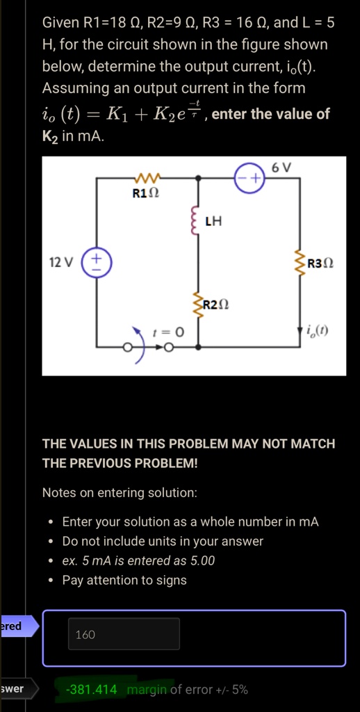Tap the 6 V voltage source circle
click(249, 179)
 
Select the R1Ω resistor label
click(146, 193)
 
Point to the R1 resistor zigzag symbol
click(146, 176)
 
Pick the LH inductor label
click(213, 222)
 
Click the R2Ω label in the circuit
click(215, 304)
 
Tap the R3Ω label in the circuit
click(320, 263)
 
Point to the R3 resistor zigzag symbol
click(300, 262)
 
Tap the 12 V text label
click(61, 262)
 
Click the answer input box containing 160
click(124, 634)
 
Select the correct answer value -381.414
click(91, 690)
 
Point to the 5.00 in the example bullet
click(203, 561)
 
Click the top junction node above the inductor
click(197, 179)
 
